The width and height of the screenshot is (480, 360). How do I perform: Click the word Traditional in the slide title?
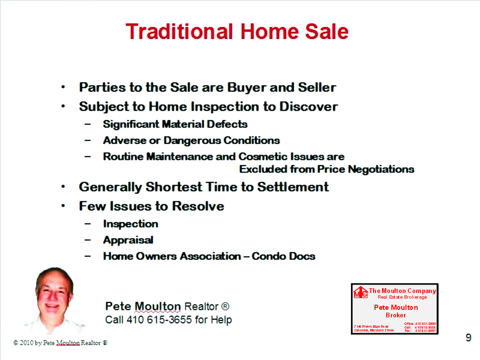(180, 32)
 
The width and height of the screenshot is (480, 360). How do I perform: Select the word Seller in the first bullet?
(317, 88)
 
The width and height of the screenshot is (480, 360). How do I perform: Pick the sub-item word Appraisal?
(128, 240)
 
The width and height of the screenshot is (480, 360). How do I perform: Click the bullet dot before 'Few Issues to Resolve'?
(63, 206)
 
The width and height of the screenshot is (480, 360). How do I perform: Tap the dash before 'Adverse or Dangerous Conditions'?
(88, 141)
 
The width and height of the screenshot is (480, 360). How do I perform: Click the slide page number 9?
(468, 338)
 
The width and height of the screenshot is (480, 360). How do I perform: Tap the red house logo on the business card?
(360, 292)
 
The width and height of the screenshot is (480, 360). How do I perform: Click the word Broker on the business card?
(396, 315)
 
